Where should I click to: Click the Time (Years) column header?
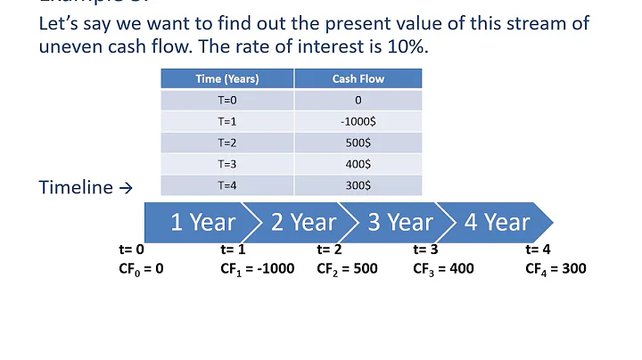pyautogui.click(x=227, y=78)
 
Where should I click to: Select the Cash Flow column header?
pyautogui.click(x=358, y=78)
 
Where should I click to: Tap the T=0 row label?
pyautogui.click(x=227, y=100)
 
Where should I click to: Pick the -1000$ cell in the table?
pyautogui.click(x=358, y=121)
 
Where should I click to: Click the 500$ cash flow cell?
pyautogui.click(x=358, y=143)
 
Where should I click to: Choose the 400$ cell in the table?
pyautogui.click(x=358, y=164)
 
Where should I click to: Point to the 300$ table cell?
pyautogui.click(x=358, y=185)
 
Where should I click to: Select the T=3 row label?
pyautogui.click(x=227, y=164)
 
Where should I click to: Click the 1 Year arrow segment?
pyautogui.click(x=202, y=223)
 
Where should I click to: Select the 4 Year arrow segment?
pyautogui.click(x=496, y=223)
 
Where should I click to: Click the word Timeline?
pyautogui.click(x=76, y=187)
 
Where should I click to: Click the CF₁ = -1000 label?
pyautogui.click(x=257, y=267)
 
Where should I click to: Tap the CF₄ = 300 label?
pyautogui.click(x=556, y=267)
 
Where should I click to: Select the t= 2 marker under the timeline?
pyautogui.click(x=330, y=250)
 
